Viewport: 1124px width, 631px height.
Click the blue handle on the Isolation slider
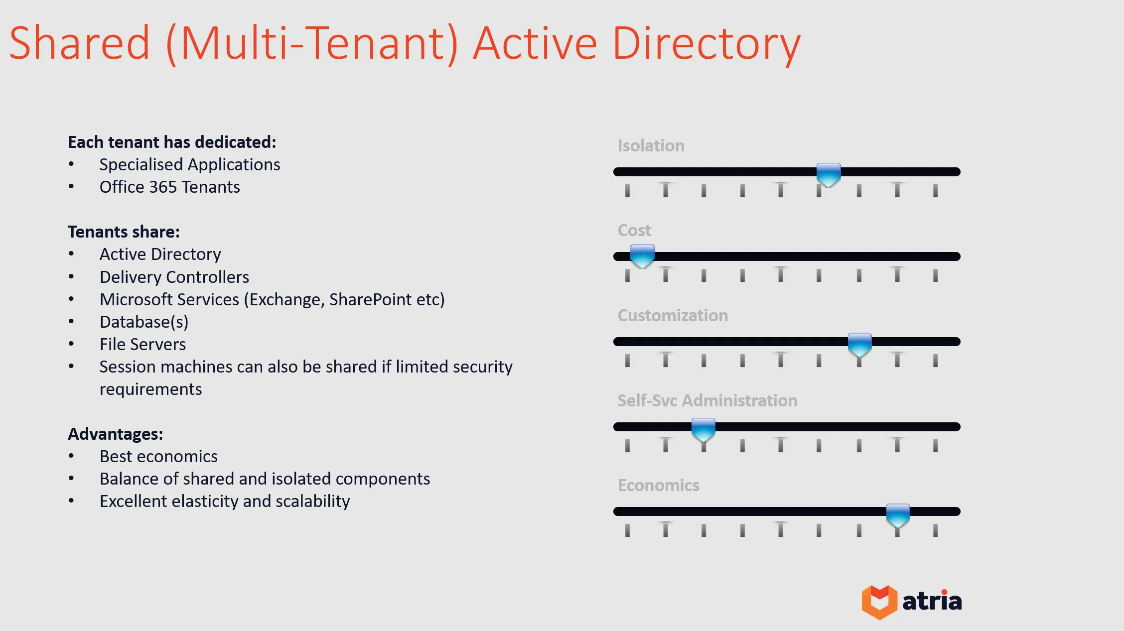pyautogui.click(x=829, y=174)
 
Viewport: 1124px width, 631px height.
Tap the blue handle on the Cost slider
pyautogui.click(x=642, y=256)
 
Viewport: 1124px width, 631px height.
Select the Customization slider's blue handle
pyautogui.click(x=859, y=344)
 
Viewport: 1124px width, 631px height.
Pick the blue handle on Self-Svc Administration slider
pyautogui.click(x=703, y=429)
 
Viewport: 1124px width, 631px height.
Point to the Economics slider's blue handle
pyautogui.click(x=898, y=514)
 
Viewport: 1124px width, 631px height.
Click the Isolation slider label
pyautogui.click(x=651, y=145)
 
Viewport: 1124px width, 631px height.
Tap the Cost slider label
pyautogui.click(x=634, y=230)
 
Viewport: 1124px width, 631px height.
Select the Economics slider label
pyautogui.click(x=658, y=485)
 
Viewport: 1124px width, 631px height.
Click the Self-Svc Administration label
pyautogui.click(x=707, y=400)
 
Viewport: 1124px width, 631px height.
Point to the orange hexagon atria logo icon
pyautogui.click(x=879, y=602)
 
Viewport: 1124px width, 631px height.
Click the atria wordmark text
pyautogui.click(x=932, y=601)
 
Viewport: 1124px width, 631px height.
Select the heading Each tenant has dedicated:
pyautogui.click(x=172, y=142)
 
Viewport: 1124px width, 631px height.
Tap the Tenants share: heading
pyautogui.click(x=124, y=232)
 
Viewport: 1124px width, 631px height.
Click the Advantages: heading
pyautogui.click(x=115, y=434)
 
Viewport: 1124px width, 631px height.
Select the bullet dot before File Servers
pyautogui.click(x=71, y=344)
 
